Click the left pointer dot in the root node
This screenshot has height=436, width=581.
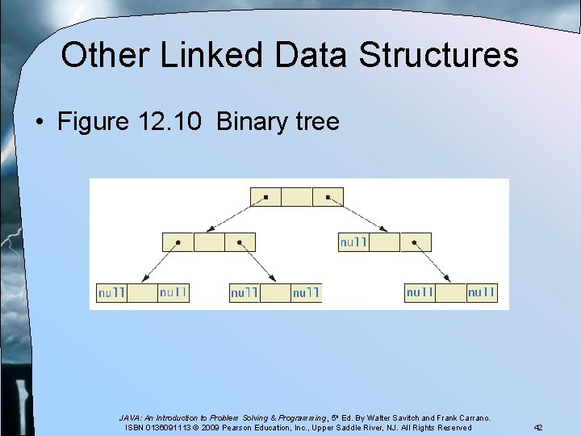point(265,196)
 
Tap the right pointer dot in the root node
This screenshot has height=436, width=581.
point(328,196)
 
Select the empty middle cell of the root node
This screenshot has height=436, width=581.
point(297,196)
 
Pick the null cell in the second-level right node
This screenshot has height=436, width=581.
point(353,242)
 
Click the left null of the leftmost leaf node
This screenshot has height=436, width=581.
point(111,292)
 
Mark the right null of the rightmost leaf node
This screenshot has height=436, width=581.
point(482,292)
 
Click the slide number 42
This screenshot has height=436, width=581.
point(537,427)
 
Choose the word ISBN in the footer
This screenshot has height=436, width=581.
point(138,427)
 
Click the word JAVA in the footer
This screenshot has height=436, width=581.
point(131,417)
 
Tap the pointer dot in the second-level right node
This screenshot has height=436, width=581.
point(416,242)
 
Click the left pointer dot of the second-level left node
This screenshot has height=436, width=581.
point(178,242)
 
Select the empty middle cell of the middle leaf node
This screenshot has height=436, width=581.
point(275,292)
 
